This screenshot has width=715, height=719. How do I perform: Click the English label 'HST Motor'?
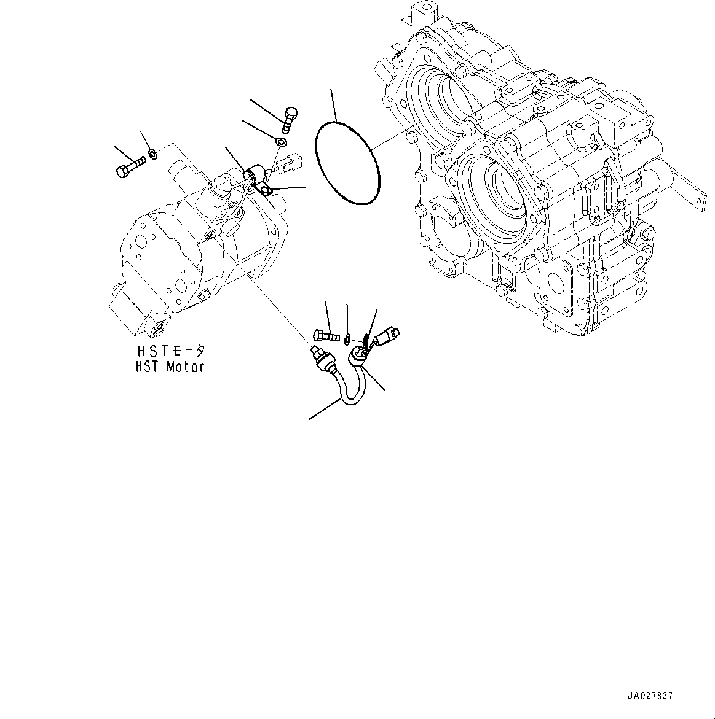(x=171, y=367)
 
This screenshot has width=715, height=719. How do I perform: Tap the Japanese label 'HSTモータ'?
(x=171, y=352)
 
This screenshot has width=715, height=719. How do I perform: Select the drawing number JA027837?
(x=650, y=696)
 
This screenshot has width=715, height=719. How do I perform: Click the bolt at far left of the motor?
(x=130, y=166)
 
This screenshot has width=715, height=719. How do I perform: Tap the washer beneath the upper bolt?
(x=280, y=142)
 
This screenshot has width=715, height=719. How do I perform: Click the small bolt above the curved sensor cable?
(x=326, y=335)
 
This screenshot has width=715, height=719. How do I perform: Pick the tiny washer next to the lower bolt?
(x=347, y=336)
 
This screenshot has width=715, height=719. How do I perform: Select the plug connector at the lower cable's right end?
(x=389, y=335)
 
